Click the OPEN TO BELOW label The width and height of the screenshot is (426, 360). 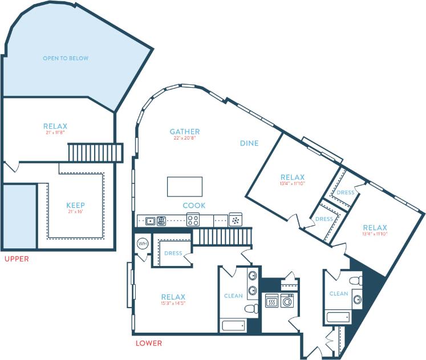click(66, 58)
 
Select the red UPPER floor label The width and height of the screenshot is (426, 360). click(17, 259)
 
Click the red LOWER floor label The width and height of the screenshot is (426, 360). click(148, 343)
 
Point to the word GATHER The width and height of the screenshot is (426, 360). click(184, 132)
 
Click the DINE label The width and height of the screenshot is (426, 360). click(249, 143)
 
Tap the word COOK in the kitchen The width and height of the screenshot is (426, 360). click(194, 205)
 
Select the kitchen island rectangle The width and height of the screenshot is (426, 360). click(184, 186)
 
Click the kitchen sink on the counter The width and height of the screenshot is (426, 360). click(150, 221)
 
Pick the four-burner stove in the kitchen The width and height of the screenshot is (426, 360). click(193, 220)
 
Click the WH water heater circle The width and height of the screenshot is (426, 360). click(143, 243)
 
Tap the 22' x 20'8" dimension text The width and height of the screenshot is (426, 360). click(184, 139)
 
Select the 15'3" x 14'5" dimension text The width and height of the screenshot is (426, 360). click(173, 304)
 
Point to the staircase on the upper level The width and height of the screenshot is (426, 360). click(95, 153)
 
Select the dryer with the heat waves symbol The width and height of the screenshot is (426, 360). click(272, 300)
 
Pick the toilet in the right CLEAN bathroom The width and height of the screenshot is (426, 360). click(354, 280)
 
